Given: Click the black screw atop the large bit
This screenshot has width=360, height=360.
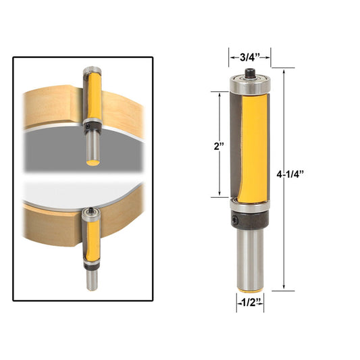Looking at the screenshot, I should (x=249, y=72).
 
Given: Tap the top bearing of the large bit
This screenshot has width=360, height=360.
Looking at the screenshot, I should (x=249, y=84).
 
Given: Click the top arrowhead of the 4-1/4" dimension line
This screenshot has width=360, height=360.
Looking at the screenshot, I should (x=284, y=71).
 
